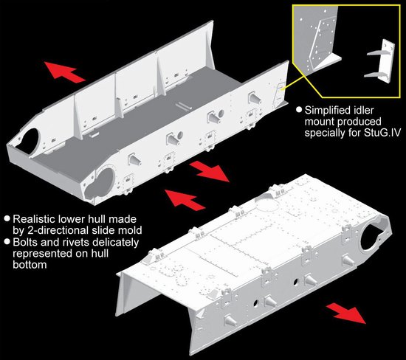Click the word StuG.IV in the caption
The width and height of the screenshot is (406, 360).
point(381,133)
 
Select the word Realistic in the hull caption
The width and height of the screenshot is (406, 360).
point(33,219)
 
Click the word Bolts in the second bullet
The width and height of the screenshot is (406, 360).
point(24,242)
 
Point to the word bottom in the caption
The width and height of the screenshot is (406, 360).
point(30,265)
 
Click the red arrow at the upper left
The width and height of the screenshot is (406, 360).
point(65,72)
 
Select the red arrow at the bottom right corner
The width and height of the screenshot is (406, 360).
point(346,314)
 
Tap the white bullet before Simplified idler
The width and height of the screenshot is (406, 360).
point(299,110)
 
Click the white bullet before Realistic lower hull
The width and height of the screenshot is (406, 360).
point(7,218)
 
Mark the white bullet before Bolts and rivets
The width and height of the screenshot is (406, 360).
point(7,242)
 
